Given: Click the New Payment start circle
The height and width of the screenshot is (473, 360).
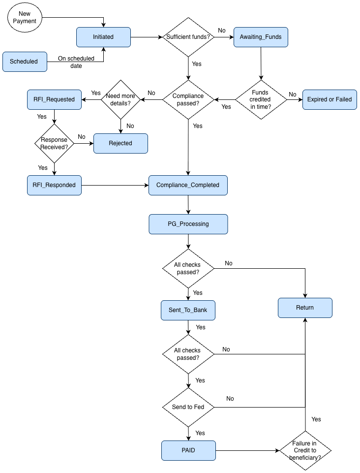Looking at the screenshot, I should [x=25, y=18].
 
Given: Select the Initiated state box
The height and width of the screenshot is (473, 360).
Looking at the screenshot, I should [x=103, y=37].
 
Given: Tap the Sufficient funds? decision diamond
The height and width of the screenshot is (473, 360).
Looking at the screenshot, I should [x=188, y=37].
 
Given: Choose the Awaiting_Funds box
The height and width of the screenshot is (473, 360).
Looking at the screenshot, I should [x=261, y=37].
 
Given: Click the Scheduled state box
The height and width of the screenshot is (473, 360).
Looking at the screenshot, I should [x=25, y=62].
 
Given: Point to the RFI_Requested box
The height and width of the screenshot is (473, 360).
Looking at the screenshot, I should [x=54, y=99].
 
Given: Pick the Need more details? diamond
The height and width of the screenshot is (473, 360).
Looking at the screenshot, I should [x=120, y=99].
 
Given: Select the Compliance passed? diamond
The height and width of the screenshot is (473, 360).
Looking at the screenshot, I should [x=188, y=99].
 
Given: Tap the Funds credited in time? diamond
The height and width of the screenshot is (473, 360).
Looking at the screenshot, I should [x=260, y=99].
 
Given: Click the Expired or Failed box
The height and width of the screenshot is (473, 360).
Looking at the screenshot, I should [x=330, y=99].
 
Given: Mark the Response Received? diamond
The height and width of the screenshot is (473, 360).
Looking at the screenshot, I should [x=54, y=143].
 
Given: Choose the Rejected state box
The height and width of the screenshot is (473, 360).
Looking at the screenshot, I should [x=120, y=143].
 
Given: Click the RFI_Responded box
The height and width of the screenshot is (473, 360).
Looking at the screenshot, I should [x=54, y=185].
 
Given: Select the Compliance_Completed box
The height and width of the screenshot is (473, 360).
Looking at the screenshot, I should [x=188, y=185].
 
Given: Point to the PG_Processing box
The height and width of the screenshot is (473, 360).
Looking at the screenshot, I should [x=188, y=224].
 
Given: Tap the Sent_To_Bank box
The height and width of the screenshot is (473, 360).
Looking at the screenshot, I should [x=188, y=310].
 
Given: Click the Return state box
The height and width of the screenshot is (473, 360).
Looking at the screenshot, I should [x=305, y=308].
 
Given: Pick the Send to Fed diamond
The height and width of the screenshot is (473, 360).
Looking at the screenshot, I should [x=188, y=407].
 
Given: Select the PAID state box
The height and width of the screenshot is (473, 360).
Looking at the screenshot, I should [x=188, y=450].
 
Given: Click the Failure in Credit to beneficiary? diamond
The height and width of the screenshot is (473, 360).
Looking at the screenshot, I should [x=305, y=450].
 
